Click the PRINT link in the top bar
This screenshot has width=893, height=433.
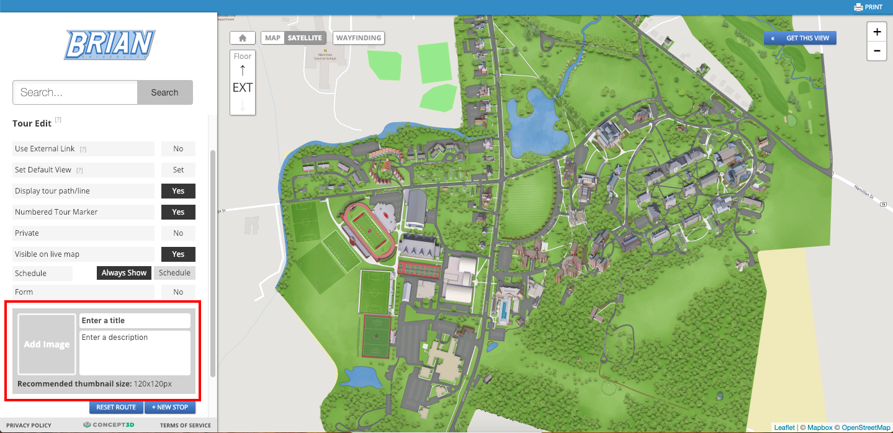868,7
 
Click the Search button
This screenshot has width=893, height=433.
164,92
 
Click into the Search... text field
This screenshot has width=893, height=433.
75,92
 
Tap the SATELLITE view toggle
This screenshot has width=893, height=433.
305,38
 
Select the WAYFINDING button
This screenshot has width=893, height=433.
359,38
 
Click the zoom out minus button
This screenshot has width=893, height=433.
876,51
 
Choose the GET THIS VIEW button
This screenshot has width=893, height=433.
801,38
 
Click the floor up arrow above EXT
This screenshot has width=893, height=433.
242,70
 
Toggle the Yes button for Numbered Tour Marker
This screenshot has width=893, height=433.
178,212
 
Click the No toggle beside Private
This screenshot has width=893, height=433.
178,233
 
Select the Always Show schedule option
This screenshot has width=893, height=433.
124,273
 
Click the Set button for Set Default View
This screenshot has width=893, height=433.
178,170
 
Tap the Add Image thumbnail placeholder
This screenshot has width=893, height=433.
47,344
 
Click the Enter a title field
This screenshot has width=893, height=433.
135,321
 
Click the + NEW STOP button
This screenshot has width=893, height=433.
170,408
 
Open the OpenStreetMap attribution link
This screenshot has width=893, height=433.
866,427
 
